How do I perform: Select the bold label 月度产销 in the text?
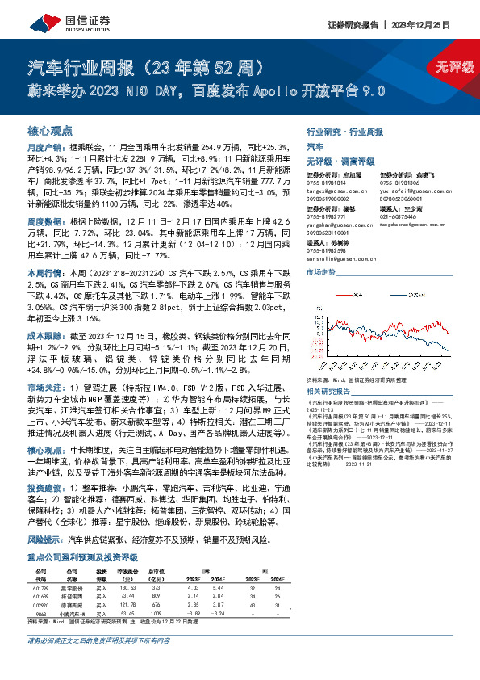(x=42, y=149)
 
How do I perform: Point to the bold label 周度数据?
(x=42, y=221)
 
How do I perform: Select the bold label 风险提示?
(x=42, y=538)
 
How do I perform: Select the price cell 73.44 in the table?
(x=127, y=596)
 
